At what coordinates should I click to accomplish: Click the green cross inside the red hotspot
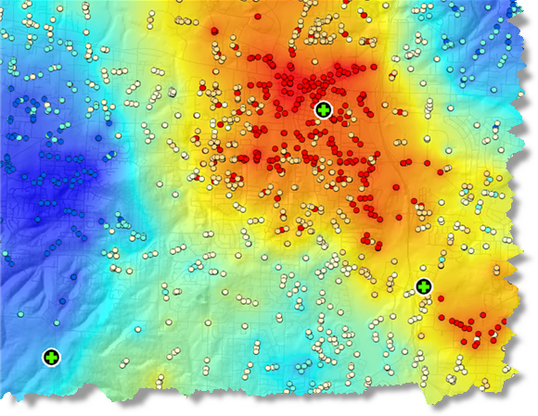point(322,109)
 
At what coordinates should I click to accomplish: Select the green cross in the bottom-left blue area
point(51,356)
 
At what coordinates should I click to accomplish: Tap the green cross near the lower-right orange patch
point(423,285)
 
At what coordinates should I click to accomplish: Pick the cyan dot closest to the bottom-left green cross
point(57,322)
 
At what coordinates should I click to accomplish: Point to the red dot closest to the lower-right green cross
point(438,299)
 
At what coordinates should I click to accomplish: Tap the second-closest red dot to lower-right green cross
point(444,321)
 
